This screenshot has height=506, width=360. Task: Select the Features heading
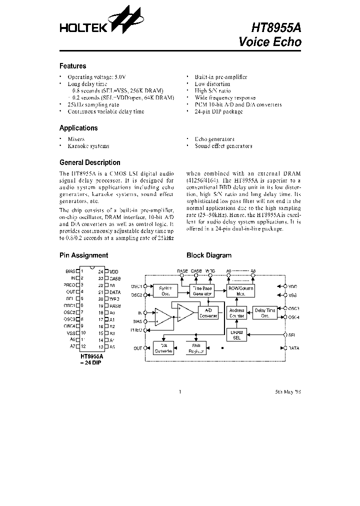pyautogui.click(x=72, y=66)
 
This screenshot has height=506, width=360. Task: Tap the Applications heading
pyautogui.click(x=78, y=128)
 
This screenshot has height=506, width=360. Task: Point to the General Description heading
pyautogui.click(x=89, y=162)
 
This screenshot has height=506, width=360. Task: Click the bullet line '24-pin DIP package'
pyautogui.click(x=218, y=111)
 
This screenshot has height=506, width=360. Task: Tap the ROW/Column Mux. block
pyautogui.click(x=240, y=290)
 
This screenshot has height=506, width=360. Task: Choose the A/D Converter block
pyautogui.click(x=207, y=313)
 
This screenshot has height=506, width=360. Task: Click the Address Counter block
pyautogui.click(x=236, y=313)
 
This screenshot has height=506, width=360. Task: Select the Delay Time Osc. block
pyautogui.click(x=265, y=313)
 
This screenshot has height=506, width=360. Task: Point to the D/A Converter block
pyautogui.click(x=163, y=347)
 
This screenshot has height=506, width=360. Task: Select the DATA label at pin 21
pyautogui.click(x=115, y=291)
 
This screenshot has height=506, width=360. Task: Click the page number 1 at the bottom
pyautogui.click(x=179, y=391)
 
